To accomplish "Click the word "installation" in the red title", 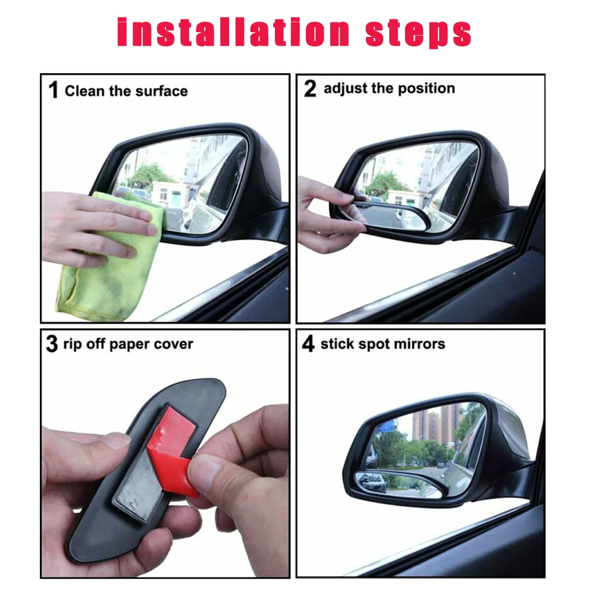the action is (233, 32).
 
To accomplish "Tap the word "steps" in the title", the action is (418, 33).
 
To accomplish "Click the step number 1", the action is (54, 90).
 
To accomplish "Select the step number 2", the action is (310, 89).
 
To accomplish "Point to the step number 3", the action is (52, 344).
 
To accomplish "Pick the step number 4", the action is (308, 343).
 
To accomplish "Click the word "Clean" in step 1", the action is (84, 91).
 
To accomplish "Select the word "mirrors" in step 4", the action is (419, 344).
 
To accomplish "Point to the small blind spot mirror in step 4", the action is (399, 484).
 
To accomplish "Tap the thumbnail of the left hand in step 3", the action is (116, 440).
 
